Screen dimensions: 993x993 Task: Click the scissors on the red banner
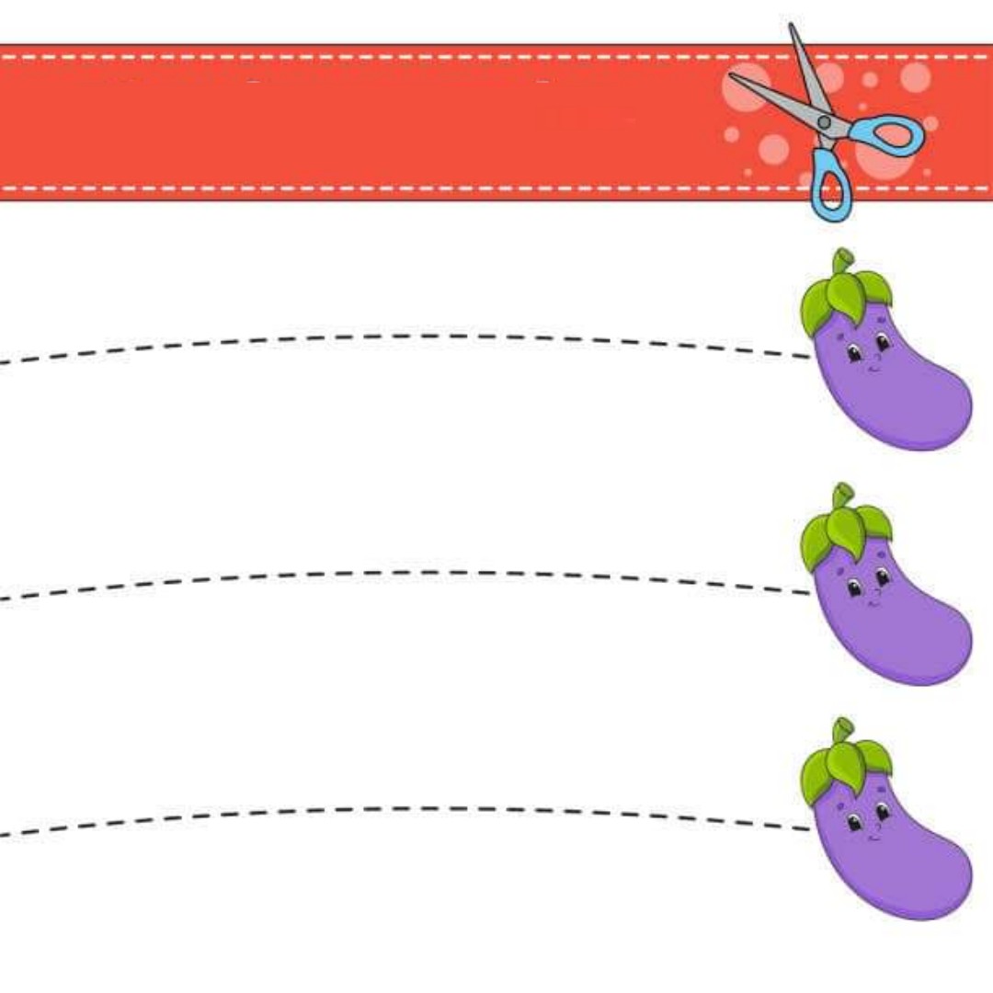[824, 121]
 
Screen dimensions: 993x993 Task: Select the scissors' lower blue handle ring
[829, 188]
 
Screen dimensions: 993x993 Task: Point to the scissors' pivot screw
[824, 121]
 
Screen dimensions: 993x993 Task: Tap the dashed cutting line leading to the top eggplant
[414, 337]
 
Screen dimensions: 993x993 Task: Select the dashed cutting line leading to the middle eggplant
[414, 573]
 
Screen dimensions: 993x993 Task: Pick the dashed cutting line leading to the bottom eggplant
[414, 809]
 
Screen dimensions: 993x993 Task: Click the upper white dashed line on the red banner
[368, 57]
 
